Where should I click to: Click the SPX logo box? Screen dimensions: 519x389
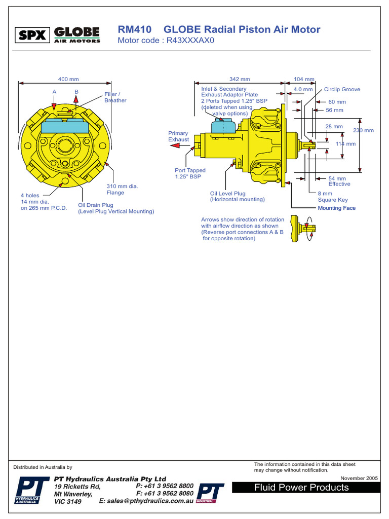click(x=33, y=35)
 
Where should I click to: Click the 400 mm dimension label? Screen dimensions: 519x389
click(x=68, y=79)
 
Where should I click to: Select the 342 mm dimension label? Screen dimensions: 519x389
click(x=240, y=79)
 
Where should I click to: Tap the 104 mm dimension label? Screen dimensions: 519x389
click(x=304, y=79)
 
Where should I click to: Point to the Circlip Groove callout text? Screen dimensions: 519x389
click(x=342, y=89)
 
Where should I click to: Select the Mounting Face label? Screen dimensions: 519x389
click(x=336, y=208)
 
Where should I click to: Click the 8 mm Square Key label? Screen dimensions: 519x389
click(x=332, y=197)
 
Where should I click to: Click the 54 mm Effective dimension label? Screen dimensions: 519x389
click(x=338, y=181)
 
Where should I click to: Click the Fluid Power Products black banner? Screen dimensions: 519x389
click(x=305, y=488)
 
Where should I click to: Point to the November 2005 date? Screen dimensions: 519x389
click(x=359, y=478)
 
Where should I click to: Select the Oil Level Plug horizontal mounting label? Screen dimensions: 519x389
click(x=237, y=197)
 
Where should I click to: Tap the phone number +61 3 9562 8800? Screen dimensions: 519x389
click(x=165, y=486)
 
